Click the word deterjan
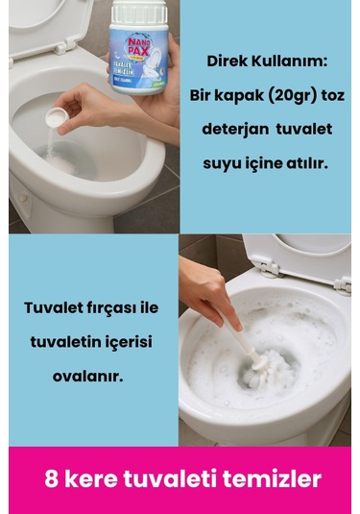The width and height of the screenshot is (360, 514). (x=239, y=130)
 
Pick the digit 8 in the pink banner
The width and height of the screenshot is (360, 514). (x=51, y=478)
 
